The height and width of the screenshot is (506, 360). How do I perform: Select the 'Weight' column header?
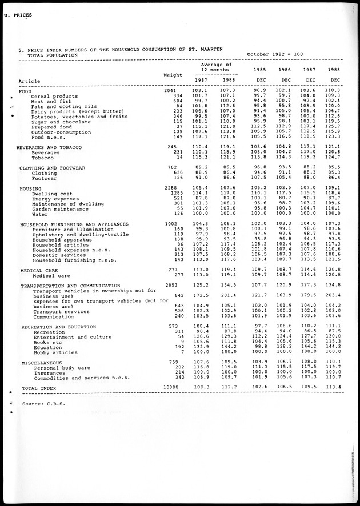coord(173,75)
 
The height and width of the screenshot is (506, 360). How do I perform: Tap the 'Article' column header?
coord(29,81)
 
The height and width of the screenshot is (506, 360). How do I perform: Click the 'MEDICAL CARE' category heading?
coord(39,270)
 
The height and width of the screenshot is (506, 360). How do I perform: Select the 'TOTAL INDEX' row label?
coord(38,388)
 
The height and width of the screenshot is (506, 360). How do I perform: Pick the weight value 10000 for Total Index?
coord(171,388)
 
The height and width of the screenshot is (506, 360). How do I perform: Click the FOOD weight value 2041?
coord(170,91)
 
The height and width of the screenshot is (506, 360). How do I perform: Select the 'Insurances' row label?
coord(49,372)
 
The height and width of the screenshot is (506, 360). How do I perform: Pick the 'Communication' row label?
coord(54,316)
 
